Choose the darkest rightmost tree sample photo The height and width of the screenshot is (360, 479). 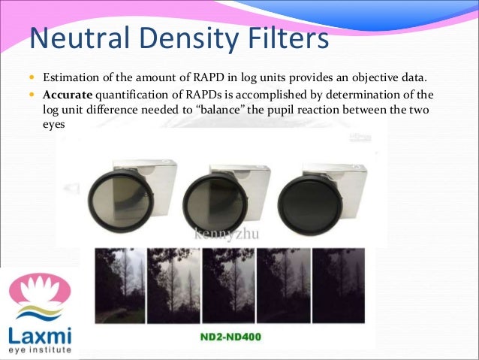[339, 286]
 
